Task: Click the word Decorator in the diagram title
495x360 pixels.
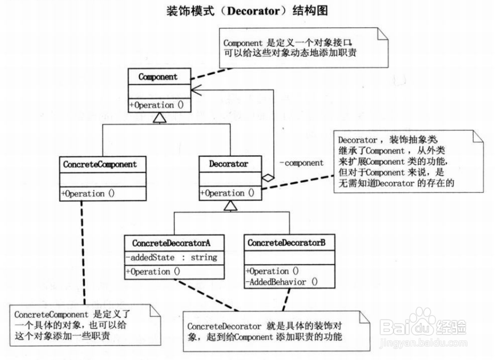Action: (x=253, y=11)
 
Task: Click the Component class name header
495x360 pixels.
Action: (x=158, y=77)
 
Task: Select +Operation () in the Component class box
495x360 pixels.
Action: (x=156, y=105)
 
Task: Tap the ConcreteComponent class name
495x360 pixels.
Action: (x=100, y=164)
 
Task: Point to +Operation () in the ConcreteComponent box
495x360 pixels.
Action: (x=88, y=194)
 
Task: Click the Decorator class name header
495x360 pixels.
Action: (x=228, y=164)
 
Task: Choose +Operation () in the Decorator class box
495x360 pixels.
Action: (x=227, y=193)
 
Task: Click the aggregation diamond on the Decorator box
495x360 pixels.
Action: (x=268, y=178)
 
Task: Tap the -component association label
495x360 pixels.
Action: (x=301, y=163)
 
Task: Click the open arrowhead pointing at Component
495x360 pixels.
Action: (x=196, y=90)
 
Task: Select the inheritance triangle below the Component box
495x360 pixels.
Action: (x=159, y=118)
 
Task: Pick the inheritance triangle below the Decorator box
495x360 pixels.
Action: (x=230, y=205)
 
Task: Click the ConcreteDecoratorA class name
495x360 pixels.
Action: (x=171, y=243)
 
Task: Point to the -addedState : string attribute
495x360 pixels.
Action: (x=171, y=258)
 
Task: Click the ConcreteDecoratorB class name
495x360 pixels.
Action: (x=286, y=243)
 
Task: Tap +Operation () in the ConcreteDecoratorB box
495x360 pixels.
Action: (x=272, y=271)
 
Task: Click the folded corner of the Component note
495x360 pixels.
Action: (x=382, y=34)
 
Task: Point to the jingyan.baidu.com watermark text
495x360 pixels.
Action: (x=423, y=343)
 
